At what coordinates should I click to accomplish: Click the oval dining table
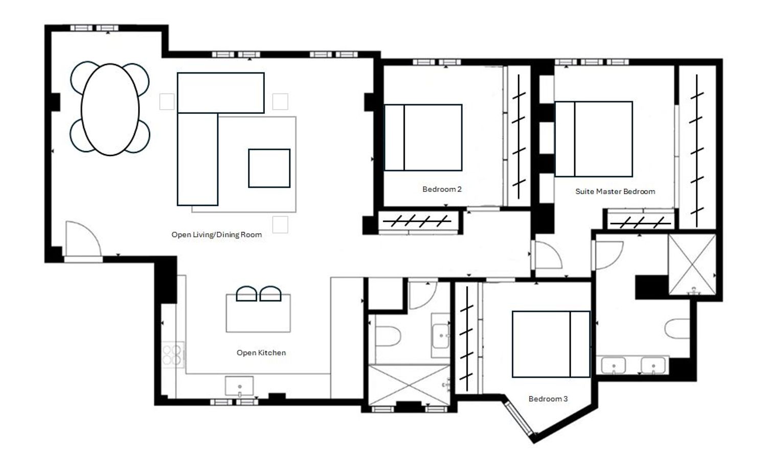click(110, 109)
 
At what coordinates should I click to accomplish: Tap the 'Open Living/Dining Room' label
click(217, 234)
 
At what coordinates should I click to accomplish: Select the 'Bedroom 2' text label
click(442, 189)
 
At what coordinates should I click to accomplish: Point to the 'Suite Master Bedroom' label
click(615, 192)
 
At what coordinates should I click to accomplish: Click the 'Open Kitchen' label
click(261, 352)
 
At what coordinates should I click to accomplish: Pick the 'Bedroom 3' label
click(548, 399)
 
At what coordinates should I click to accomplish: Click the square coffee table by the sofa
click(269, 168)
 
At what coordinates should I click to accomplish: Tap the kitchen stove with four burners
click(172, 355)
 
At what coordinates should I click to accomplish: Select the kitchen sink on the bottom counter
click(239, 386)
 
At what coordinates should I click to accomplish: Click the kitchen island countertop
click(258, 313)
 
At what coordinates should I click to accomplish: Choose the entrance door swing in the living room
click(83, 238)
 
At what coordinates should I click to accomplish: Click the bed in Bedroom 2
click(423, 137)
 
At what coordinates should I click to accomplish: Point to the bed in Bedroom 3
click(551, 344)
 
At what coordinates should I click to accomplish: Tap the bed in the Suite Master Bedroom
click(594, 139)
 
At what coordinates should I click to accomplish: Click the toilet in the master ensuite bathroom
click(677, 328)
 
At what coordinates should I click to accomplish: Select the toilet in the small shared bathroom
click(388, 337)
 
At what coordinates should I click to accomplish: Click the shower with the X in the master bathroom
click(692, 264)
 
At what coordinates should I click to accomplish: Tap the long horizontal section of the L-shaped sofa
click(221, 92)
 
